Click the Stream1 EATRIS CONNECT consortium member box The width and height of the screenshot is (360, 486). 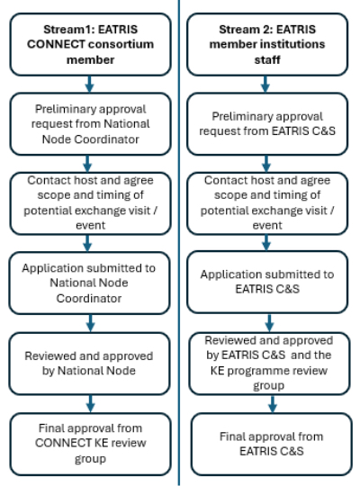point(90,44)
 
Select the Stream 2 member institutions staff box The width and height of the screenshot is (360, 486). point(267,44)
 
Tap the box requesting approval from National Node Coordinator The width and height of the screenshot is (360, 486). point(90,124)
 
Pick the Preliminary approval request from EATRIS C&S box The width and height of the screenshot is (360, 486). point(267,124)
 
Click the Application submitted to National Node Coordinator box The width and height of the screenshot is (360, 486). point(89,283)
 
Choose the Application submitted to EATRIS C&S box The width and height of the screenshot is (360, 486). point(267,282)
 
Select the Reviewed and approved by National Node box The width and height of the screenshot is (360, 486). point(89,364)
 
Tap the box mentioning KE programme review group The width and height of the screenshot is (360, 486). point(269,364)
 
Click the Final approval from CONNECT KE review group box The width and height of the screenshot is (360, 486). point(90,444)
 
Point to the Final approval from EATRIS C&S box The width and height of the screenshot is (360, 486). point(271,444)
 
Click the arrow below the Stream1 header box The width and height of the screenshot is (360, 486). point(90,84)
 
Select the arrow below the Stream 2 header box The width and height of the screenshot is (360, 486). point(265,84)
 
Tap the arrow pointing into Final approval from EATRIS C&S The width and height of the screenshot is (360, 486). point(273,404)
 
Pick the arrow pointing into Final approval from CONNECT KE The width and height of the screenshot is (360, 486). point(91,404)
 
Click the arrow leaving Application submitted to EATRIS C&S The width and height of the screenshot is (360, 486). point(269,323)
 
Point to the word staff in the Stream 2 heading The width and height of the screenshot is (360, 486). point(267,59)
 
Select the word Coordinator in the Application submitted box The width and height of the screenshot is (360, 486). point(89,298)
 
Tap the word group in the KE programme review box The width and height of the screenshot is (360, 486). point(269,386)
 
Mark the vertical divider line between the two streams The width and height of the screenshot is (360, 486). point(179,243)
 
